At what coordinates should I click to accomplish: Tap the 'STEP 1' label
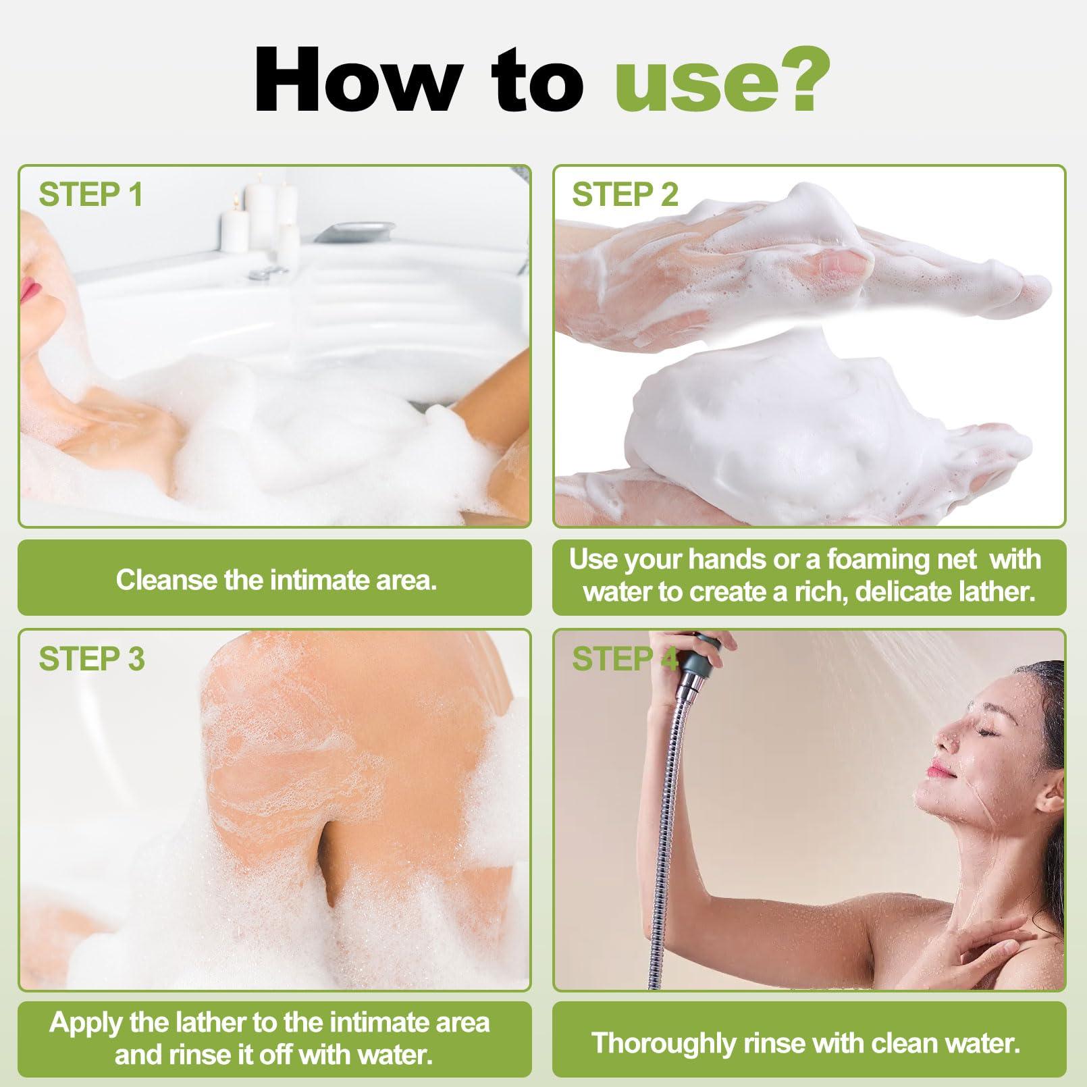click(x=90, y=194)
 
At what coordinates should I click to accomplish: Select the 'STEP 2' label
click(x=625, y=194)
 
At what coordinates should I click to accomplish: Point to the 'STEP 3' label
click(x=92, y=658)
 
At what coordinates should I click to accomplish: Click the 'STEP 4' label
click(x=625, y=658)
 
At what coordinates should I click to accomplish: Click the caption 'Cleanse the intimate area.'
click(x=276, y=580)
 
